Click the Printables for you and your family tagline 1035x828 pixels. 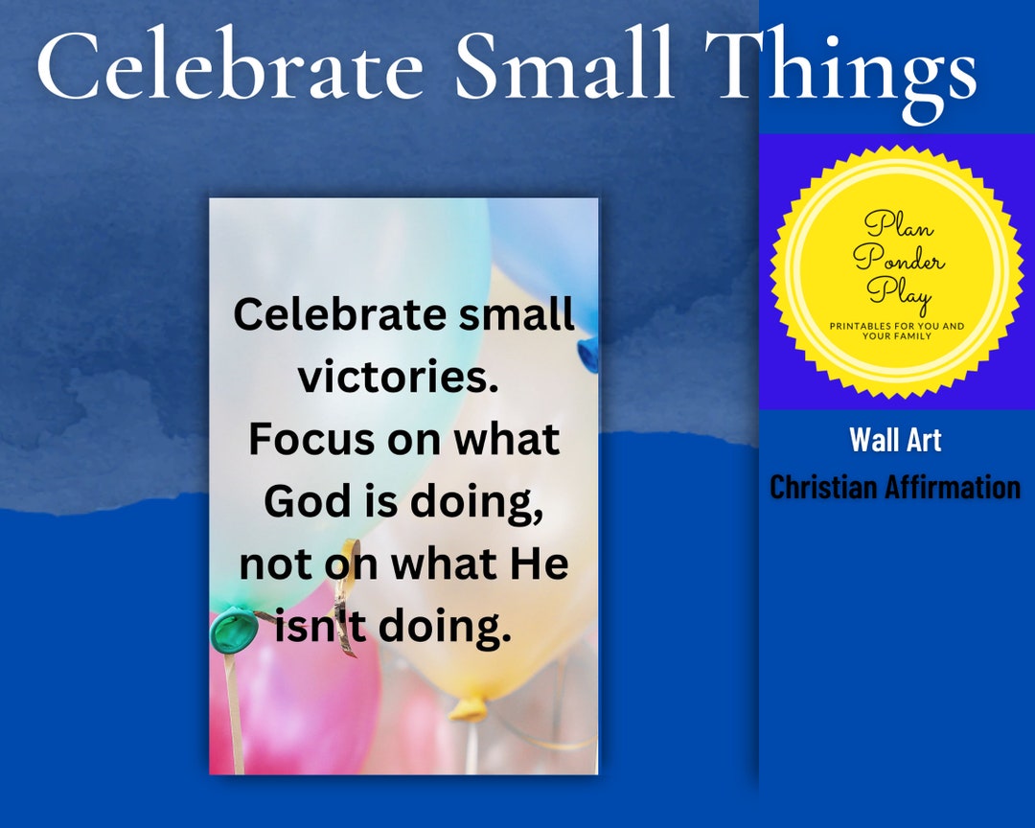click(897, 332)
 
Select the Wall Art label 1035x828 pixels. click(895, 440)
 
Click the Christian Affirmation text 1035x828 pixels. click(895, 487)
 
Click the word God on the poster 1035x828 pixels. click(305, 501)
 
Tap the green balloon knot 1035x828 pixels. click(234, 630)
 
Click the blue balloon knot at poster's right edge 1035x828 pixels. click(586, 353)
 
